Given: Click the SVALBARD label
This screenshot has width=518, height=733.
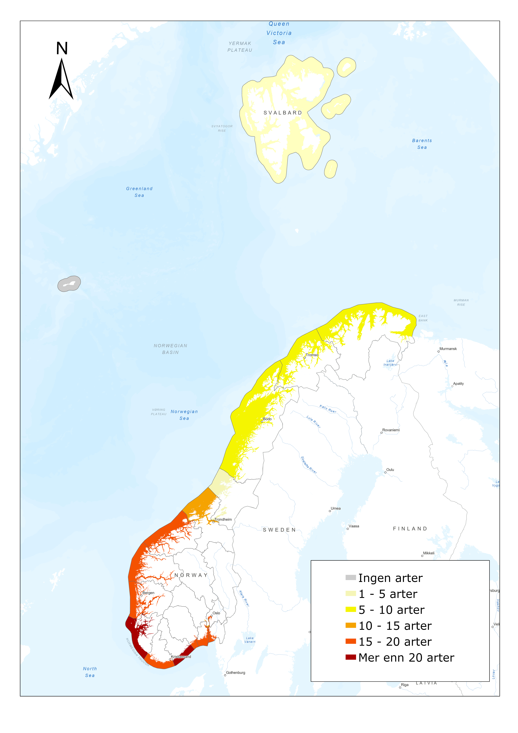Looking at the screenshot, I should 282,113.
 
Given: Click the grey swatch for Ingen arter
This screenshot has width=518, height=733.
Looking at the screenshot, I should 350,577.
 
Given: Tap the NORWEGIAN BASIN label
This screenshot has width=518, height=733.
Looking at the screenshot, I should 170,349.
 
